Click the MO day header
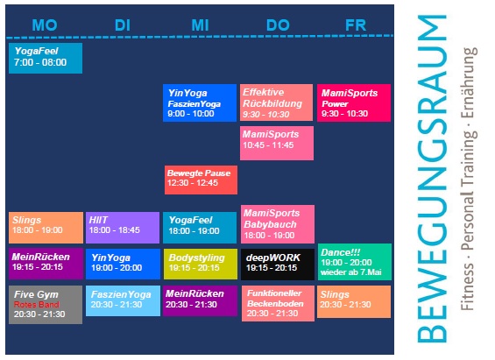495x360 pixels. coord(45,25)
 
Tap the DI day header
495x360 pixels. coord(123,25)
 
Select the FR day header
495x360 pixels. coord(356,25)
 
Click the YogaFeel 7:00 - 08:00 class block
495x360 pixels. coord(46,58)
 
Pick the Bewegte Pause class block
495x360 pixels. coord(201,180)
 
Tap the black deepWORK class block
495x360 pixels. coord(278,265)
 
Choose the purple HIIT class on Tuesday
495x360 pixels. coord(123,228)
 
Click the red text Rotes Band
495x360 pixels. coord(36,305)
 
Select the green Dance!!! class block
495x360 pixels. coord(355,262)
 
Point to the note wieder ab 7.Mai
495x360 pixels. coord(351,272)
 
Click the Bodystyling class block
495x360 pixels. coord(201,264)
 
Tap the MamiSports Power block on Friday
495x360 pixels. coord(354,102)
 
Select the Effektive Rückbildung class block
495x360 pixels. coord(276,102)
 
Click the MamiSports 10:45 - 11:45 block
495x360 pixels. coord(277,144)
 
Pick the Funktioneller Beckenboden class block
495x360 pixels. coord(278,304)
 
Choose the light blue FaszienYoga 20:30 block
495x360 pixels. coord(124,300)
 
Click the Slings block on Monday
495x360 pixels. coord(46,228)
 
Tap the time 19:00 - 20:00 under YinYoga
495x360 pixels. coord(117,268)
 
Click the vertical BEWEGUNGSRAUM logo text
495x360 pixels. coord(432,179)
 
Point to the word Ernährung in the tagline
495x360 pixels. coord(469,83)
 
